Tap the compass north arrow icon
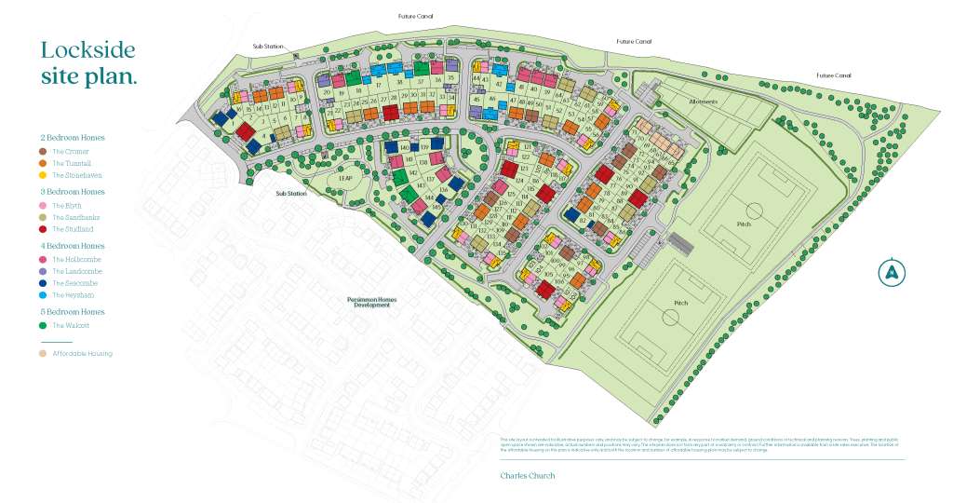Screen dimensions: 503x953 pyautogui.click(x=892, y=272)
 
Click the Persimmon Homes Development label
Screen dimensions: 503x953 pyautogui.click(x=371, y=302)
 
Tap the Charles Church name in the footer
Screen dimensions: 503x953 pyautogui.click(x=527, y=475)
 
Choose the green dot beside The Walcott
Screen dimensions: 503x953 pyautogui.click(x=43, y=326)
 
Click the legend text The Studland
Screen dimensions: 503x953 pyautogui.click(x=73, y=229)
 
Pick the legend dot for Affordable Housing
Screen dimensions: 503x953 pyautogui.click(x=43, y=354)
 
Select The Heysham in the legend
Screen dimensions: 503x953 pyautogui.click(x=74, y=295)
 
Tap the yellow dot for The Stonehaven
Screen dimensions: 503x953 pyautogui.click(x=43, y=175)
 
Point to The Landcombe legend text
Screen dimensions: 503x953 pyautogui.click(x=76, y=271)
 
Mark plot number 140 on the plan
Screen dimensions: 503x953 pyautogui.click(x=404, y=148)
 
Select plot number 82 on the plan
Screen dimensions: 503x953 pyautogui.click(x=584, y=220)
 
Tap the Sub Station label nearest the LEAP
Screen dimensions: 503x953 pyautogui.click(x=290, y=194)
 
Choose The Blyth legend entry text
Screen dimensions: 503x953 pyautogui.click(x=67, y=205)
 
